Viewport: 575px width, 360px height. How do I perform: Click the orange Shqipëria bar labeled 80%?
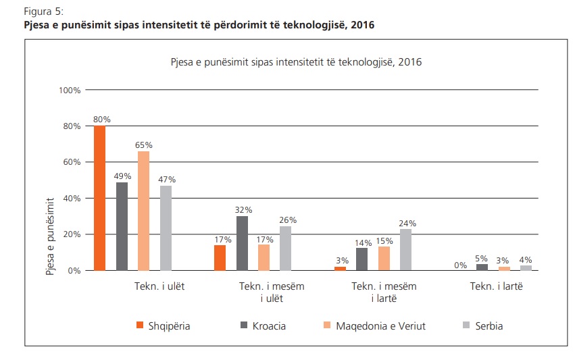pyautogui.click(x=100, y=198)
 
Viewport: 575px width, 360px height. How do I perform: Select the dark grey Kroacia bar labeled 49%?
pyautogui.click(x=122, y=226)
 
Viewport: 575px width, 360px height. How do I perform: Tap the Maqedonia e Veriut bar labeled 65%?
pyautogui.click(x=144, y=211)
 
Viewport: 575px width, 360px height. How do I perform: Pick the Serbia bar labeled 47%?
pyautogui.click(x=166, y=228)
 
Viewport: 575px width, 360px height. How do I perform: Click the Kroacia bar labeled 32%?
pyautogui.click(x=242, y=243)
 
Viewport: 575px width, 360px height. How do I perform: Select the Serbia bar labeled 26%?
pyautogui.click(x=286, y=248)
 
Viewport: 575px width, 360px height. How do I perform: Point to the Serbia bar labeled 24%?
pyautogui.click(x=405, y=250)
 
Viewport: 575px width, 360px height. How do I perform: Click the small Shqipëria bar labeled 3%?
pyautogui.click(x=341, y=268)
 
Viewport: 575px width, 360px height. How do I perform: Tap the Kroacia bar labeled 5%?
pyautogui.click(x=482, y=267)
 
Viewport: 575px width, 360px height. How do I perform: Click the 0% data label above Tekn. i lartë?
pyautogui.click(x=460, y=265)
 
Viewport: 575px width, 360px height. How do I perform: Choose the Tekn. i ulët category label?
pyautogui.click(x=159, y=286)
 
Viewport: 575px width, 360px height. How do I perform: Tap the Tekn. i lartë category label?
pyautogui.click(x=497, y=286)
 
